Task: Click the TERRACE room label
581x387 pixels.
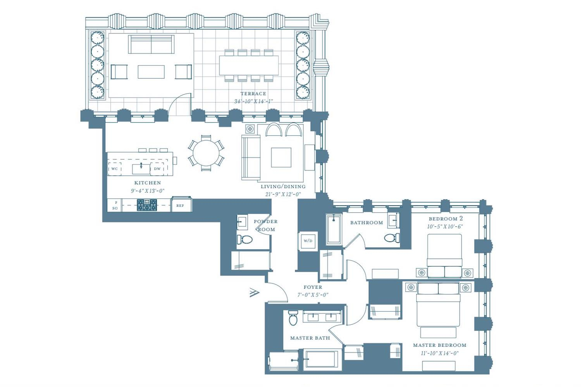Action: [253, 94]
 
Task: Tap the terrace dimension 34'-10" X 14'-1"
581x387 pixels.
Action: [253, 101]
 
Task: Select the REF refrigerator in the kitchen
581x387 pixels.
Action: [181, 205]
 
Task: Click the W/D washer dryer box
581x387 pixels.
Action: [308, 241]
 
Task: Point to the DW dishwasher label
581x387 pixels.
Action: [157, 169]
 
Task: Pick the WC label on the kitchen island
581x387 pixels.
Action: [114, 169]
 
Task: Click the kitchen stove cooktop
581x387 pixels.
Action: [147, 205]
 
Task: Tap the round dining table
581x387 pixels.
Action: [206, 153]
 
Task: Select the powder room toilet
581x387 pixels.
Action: [244, 239]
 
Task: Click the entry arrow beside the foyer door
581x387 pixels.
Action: [254, 293]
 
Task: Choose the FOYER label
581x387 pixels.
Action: [313, 287]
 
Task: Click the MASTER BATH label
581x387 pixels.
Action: [310, 338]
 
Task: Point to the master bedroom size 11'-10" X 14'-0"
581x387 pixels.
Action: [440, 353]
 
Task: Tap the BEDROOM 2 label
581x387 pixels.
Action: [445, 219]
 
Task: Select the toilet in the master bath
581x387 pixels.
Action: [294, 317]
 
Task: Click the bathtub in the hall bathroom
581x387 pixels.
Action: [334, 229]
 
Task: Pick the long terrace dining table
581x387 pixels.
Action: [249, 65]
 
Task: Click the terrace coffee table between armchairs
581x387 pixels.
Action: [151, 72]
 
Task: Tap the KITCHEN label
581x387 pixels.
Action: [148, 183]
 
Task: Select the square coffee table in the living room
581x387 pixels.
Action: [281, 158]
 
